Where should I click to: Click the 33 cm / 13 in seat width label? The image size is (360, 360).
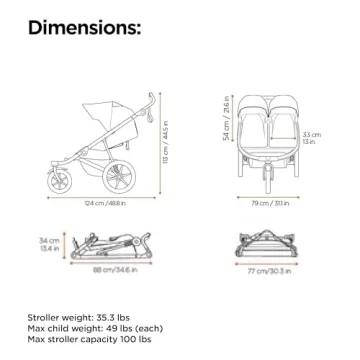pyautogui.click(x=312, y=137)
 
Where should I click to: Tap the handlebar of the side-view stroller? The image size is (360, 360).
pyautogui.click(x=153, y=106)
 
